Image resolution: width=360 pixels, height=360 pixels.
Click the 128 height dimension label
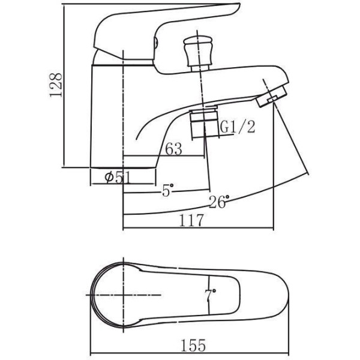(56, 85)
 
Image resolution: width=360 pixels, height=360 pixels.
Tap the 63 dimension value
(173, 149)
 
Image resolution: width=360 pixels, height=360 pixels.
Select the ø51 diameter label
(118, 178)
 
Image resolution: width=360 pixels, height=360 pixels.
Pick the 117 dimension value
(191, 220)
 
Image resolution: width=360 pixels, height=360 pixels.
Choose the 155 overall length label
(193, 346)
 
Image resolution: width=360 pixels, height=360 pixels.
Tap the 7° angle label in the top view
(211, 295)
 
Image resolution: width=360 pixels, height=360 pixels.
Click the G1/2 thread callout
(238, 127)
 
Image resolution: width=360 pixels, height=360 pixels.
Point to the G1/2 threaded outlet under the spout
(203, 123)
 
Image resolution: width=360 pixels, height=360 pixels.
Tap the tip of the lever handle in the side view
(239, 5)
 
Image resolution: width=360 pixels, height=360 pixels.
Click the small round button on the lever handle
(155, 43)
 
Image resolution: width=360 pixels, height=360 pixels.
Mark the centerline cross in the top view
(124, 295)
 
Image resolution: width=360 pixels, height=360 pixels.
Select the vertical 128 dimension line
(64, 86)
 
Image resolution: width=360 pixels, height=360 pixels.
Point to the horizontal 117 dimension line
(199, 228)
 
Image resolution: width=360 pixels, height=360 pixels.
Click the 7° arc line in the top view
(209, 295)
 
